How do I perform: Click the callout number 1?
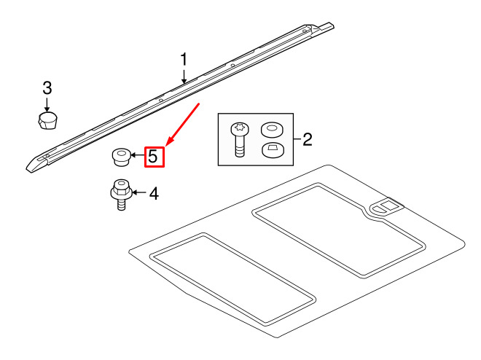coord(184,59)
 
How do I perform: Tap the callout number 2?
coord(307,138)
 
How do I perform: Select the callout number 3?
coord(47,88)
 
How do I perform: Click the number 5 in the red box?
coord(153,156)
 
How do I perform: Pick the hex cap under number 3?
coord(48,120)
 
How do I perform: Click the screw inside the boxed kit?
coord(238,139)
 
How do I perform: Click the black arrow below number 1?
coord(184,74)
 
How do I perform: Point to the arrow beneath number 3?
coord(47,103)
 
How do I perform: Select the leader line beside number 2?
coord(295,138)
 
